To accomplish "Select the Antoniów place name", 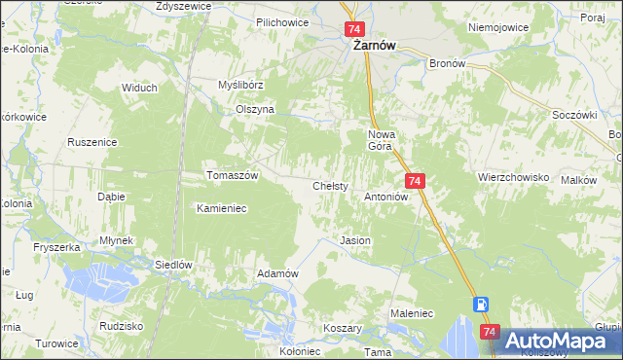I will coord(385,196).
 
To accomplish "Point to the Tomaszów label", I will coord(232,176).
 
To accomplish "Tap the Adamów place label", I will coord(276,274).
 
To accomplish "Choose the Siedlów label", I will coord(175,265).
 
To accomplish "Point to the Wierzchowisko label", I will coord(514,178).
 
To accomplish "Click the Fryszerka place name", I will coord(55,248).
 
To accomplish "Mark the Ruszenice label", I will coord(92,142).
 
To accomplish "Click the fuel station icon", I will coord(481,304).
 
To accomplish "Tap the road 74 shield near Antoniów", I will coord(415,182).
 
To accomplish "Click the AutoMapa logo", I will coord(558,341).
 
